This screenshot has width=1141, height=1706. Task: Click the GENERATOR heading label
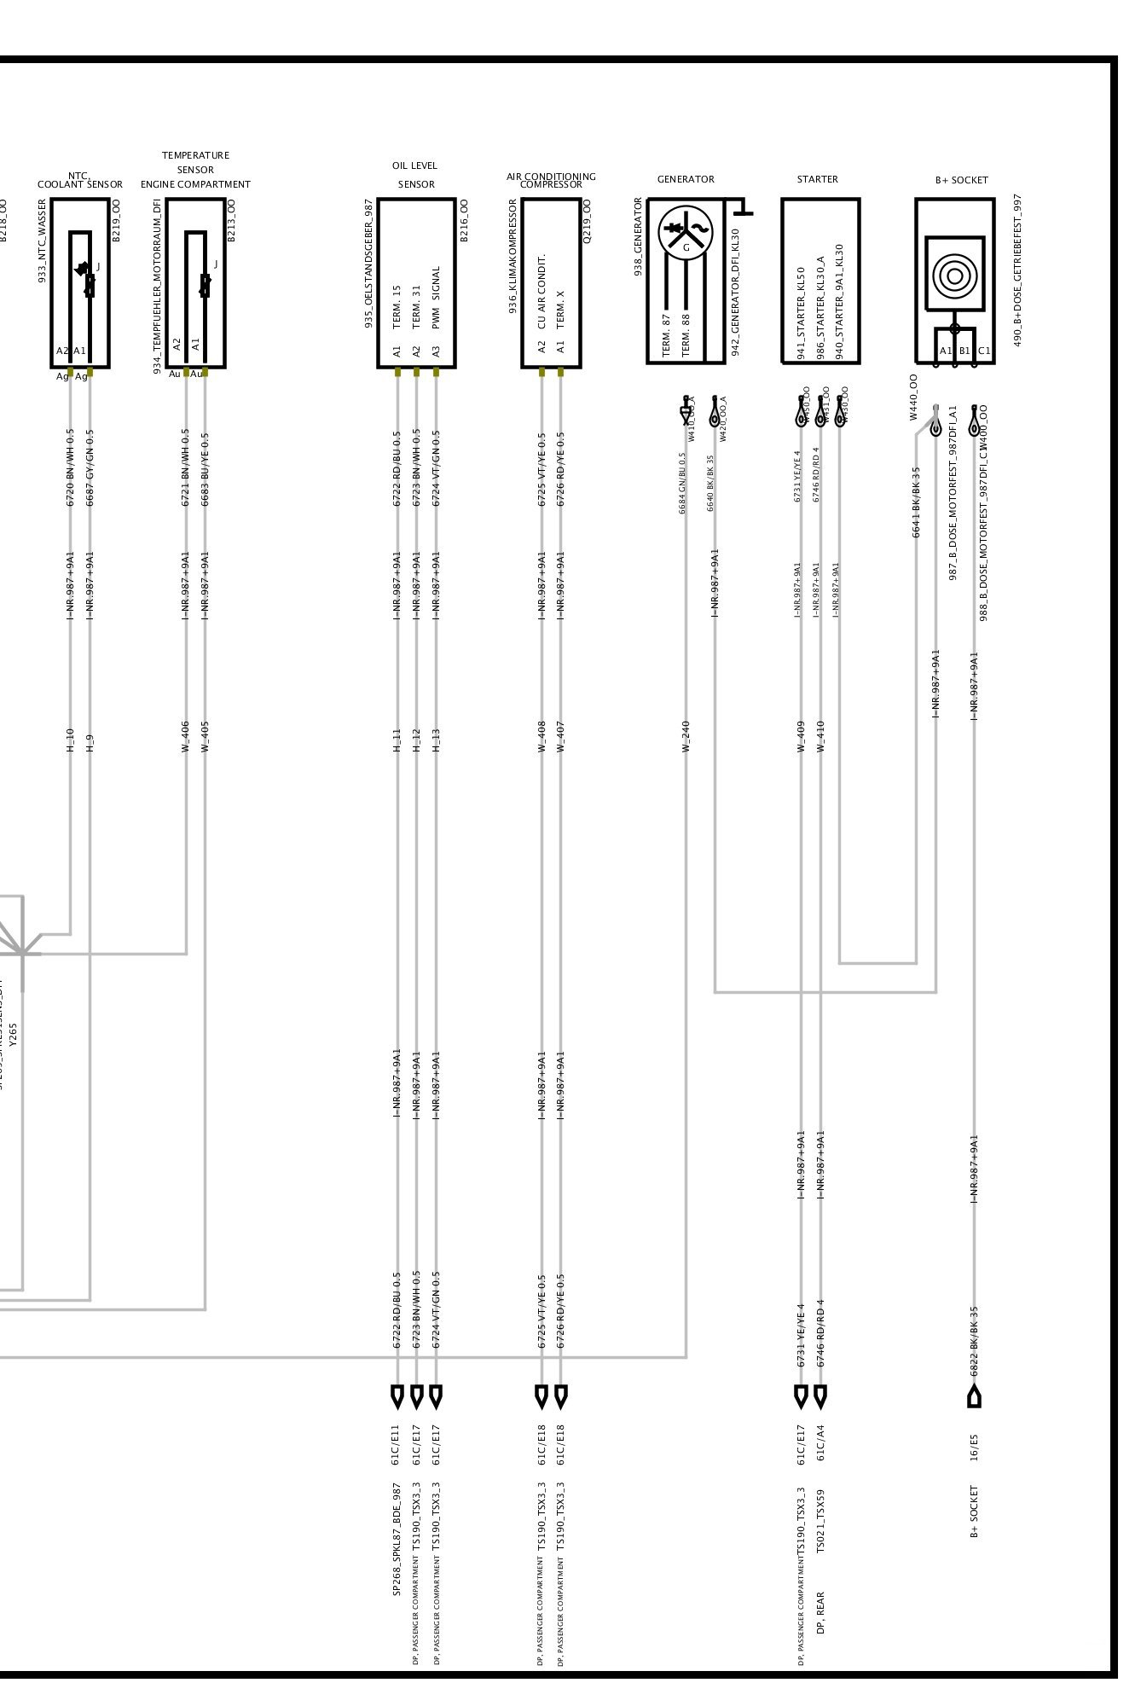pos(686,179)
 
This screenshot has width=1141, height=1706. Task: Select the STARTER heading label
pos(817,179)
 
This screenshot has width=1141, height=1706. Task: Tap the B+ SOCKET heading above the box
pos(961,180)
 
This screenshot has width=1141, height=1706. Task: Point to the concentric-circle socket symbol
pos(954,275)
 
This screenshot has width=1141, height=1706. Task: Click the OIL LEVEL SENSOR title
pos(415,175)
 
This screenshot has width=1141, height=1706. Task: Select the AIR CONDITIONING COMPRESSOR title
pos(551,180)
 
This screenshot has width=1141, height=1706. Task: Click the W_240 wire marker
pos(686,736)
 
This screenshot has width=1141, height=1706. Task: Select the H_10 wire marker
pos(70,740)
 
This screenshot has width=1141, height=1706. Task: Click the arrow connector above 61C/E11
pos(397,1396)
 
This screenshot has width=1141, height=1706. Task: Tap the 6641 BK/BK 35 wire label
pos(917,502)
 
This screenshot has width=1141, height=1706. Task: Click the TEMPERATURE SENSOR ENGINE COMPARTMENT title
pos(196,170)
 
